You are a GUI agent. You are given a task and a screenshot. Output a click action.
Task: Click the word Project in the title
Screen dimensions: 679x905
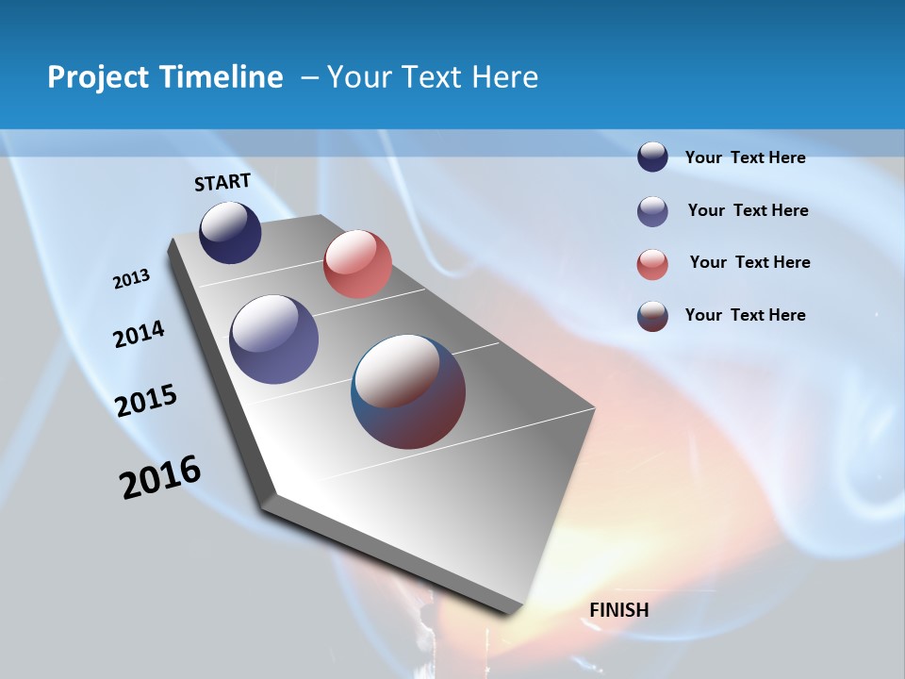pyautogui.click(x=94, y=77)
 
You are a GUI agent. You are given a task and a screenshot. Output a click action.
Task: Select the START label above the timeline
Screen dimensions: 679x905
pyautogui.click(x=222, y=182)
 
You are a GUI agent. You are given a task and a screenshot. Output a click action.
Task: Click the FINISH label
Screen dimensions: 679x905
pyautogui.click(x=619, y=610)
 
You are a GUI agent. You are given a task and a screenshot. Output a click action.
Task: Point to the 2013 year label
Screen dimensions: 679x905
pyautogui.click(x=131, y=279)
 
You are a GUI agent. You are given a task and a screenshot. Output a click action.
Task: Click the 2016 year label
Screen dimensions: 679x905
pyautogui.click(x=160, y=477)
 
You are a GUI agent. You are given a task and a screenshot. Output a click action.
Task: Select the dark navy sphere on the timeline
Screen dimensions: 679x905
pyautogui.click(x=230, y=232)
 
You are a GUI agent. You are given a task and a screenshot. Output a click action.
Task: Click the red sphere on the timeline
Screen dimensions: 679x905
pyautogui.click(x=357, y=264)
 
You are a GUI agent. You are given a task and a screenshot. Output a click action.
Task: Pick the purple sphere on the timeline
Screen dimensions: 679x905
pyautogui.click(x=273, y=339)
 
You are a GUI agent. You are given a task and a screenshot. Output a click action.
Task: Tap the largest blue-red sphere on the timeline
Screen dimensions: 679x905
pyautogui.click(x=408, y=390)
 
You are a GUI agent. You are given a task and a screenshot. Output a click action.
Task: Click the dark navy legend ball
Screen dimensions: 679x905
pyautogui.click(x=652, y=157)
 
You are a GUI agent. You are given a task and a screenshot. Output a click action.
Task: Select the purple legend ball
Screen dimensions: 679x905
pyautogui.click(x=652, y=211)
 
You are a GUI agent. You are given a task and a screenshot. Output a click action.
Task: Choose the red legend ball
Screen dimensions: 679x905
pyautogui.click(x=652, y=264)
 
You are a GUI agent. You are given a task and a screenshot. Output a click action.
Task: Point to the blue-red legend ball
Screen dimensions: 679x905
pyautogui.click(x=652, y=316)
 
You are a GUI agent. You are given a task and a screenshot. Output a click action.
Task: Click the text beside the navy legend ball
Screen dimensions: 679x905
pyautogui.click(x=745, y=158)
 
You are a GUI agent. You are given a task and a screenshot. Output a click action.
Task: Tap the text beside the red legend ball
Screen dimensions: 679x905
pyautogui.click(x=749, y=262)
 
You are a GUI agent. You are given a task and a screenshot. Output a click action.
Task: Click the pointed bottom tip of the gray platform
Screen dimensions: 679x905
pyautogui.click(x=509, y=611)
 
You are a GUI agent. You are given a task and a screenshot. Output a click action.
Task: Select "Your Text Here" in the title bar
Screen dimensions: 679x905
pyautogui.click(x=433, y=77)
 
